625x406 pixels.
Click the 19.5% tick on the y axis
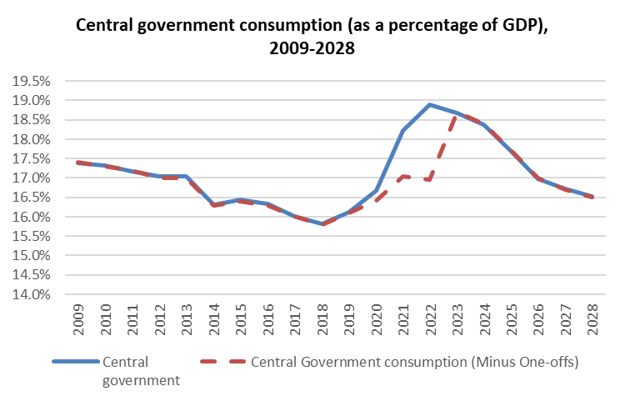31,81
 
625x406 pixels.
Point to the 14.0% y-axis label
31,294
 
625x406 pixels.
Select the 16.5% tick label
31,198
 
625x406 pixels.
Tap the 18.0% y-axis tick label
31,139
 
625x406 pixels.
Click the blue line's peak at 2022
429,104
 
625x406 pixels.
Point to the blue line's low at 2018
322,223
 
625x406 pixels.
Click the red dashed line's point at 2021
403,177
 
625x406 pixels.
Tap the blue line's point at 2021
403,130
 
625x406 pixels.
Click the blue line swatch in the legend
74,363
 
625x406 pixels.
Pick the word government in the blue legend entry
141,379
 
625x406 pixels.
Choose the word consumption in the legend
401,363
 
